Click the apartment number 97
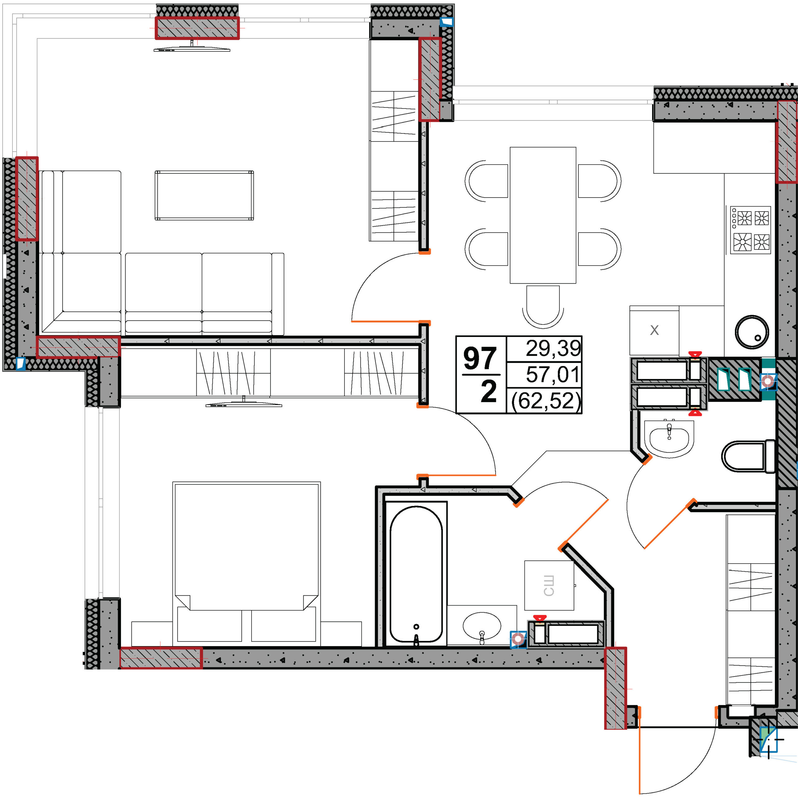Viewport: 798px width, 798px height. click(479, 358)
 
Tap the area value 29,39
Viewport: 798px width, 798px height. click(553, 348)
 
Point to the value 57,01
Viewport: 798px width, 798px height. click(553, 374)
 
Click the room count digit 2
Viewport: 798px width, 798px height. click(489, 392)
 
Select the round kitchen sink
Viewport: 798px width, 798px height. click(752, 332)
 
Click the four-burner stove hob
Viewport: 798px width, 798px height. click(750, 230)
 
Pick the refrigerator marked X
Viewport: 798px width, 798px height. click(654, 330)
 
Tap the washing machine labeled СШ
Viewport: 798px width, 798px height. click(549, 585)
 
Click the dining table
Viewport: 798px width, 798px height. click(543, 215)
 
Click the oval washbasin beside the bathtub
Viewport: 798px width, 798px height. click(482, 626)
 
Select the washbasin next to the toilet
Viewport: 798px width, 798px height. click(669, 438)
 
